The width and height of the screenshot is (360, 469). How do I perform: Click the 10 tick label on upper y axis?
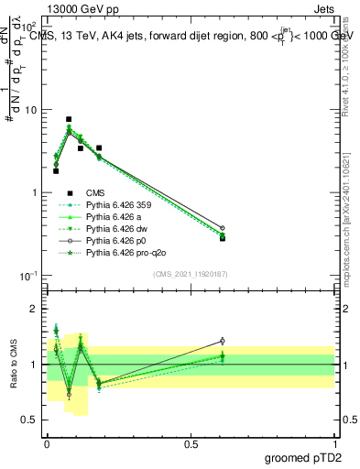click(30, 110)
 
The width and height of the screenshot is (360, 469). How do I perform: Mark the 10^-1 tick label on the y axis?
click(28, 276)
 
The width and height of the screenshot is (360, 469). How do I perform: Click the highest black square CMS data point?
click(69, 119)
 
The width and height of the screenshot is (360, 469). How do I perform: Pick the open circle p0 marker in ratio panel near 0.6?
click(222, 341)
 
